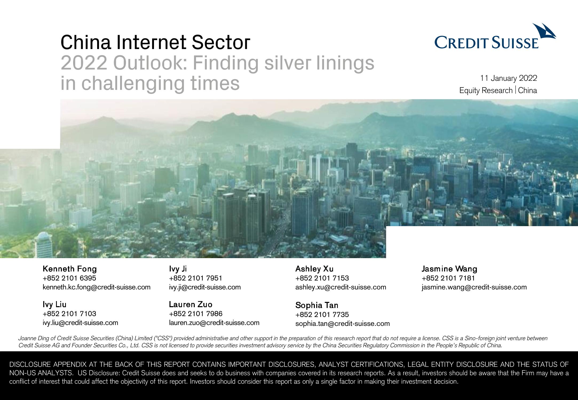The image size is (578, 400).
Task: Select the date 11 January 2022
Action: (x=509, y=78)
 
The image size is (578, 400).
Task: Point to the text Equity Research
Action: (x=486, y=91)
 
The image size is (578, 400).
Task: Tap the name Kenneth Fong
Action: (x=70, y=269)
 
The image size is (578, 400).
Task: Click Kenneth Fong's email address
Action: (x=97, y=287)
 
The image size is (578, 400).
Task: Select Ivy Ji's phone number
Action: (x=196, y=278)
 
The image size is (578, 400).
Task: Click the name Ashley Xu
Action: (x=314, y=269)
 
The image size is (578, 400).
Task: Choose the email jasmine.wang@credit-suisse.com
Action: (x=474, y=287)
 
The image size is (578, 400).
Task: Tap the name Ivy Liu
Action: (x=54, y=304)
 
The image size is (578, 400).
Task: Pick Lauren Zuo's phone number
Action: (x=196, y=314)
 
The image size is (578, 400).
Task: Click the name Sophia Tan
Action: (x=317, y=305)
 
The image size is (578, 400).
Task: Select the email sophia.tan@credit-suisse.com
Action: (x=343, y=324)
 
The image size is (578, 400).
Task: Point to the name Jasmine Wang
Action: (x=449, y=269)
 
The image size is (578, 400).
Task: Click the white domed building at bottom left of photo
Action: (x=44, y=245)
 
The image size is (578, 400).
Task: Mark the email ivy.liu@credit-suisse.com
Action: (x=80, y=323)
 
